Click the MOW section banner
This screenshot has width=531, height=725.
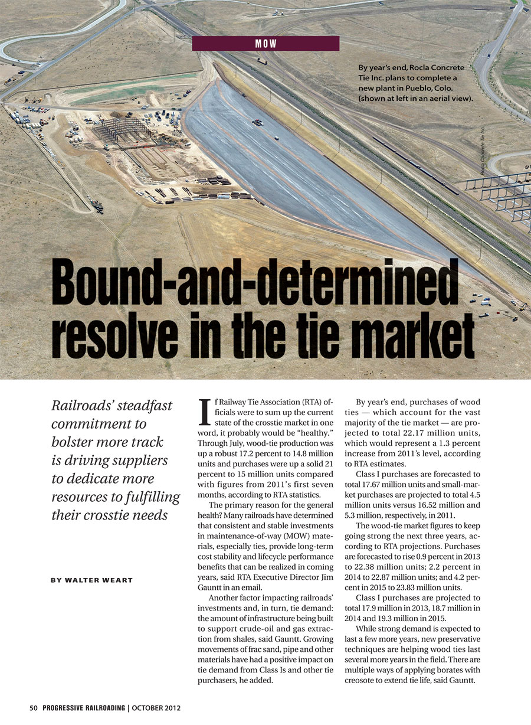coord(265,44)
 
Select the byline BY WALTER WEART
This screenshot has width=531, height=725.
coord(91,580)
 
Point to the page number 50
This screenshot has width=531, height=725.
coord(34,708)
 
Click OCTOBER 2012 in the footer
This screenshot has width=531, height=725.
coord(156,708)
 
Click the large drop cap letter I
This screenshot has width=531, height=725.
coord(205,411)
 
